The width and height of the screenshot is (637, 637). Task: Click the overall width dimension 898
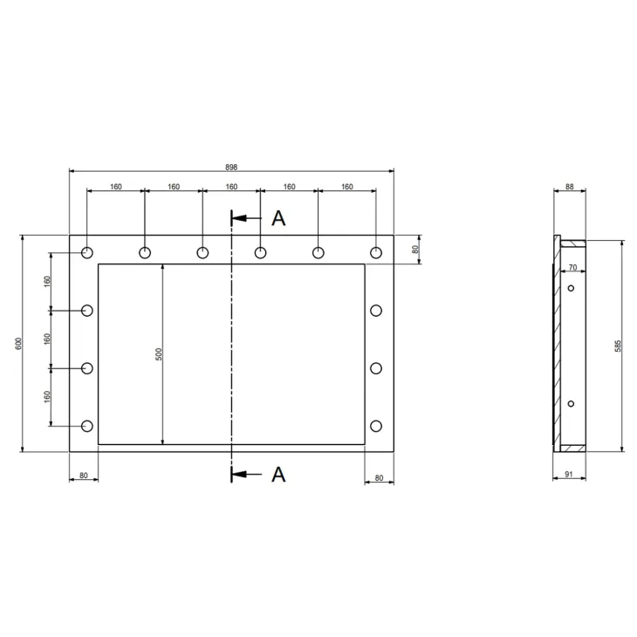231,167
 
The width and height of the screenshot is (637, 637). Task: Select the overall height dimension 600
18,343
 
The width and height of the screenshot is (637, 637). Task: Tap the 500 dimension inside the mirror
159,354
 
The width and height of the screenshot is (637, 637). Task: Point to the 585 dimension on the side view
618,346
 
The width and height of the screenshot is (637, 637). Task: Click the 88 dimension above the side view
570,187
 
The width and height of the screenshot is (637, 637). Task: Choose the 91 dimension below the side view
569,474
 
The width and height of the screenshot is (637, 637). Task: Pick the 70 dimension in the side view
572,267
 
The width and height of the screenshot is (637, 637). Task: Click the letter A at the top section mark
278,218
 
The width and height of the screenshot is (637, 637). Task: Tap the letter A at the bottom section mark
278,474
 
